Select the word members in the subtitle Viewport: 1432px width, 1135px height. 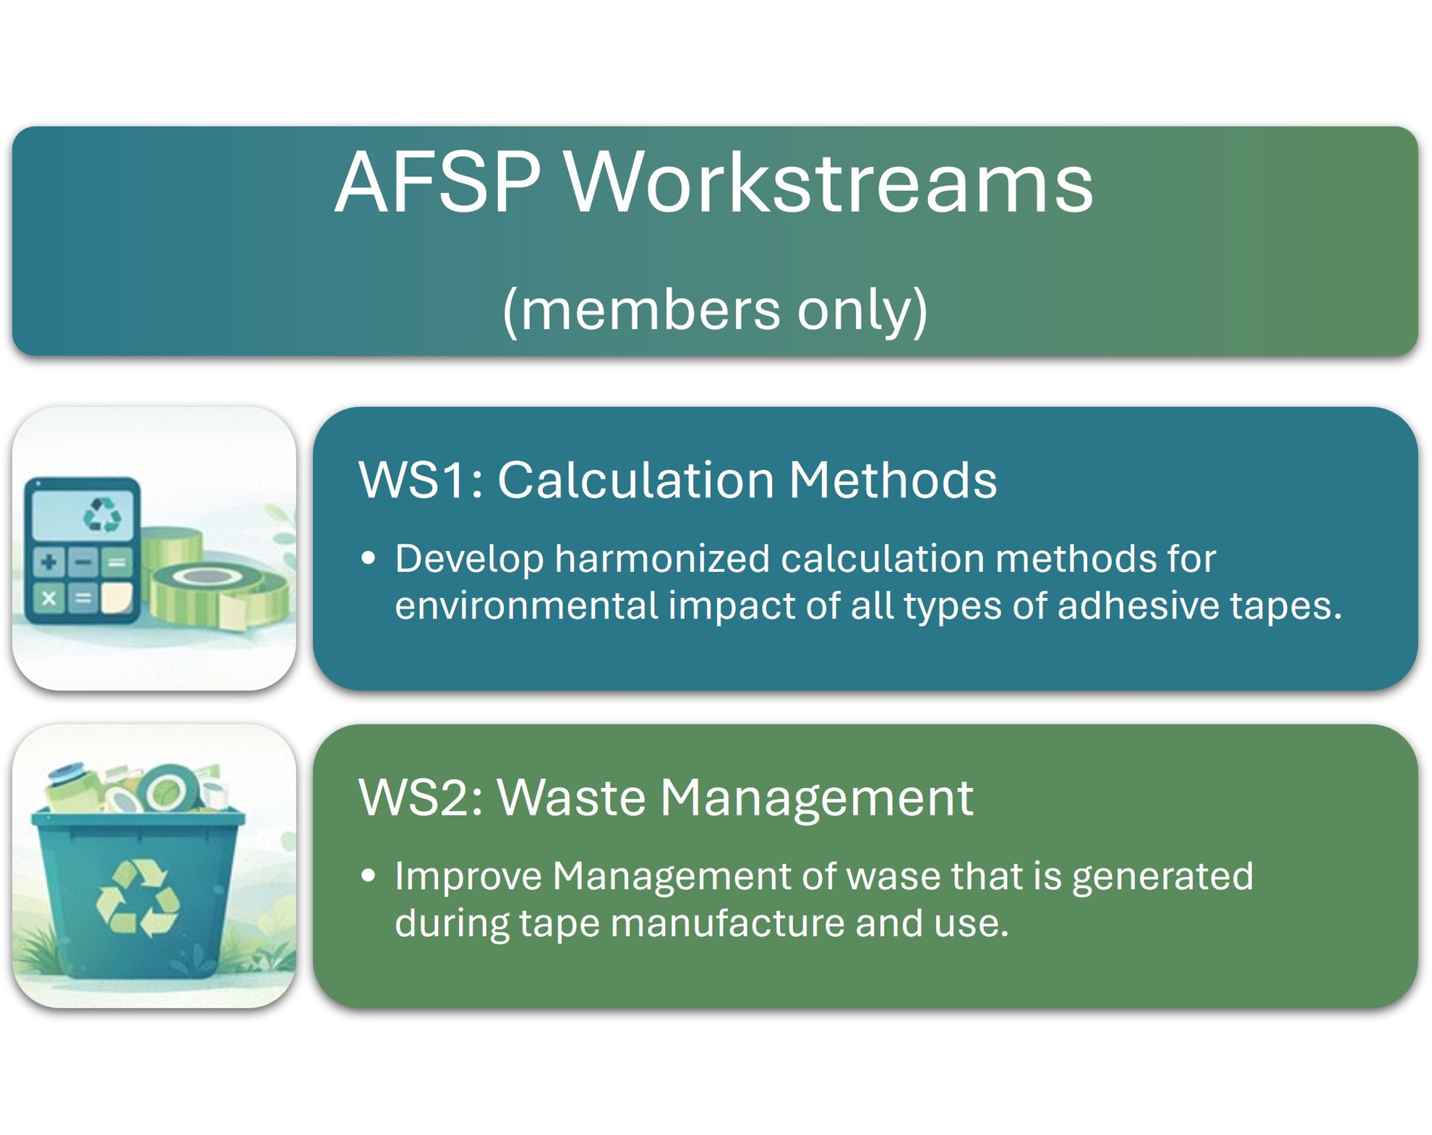click(650, 309)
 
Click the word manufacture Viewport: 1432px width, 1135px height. click(727, 923)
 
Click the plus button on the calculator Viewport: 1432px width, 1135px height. click(49, 562)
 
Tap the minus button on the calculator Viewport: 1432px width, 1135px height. click(84, 562)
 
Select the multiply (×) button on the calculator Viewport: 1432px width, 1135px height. click(49, 599)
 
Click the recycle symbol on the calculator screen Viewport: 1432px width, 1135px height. click(102, 514)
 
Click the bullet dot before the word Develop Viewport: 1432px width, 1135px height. click(369, 558)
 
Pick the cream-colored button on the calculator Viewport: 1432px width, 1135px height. click(117, 599)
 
